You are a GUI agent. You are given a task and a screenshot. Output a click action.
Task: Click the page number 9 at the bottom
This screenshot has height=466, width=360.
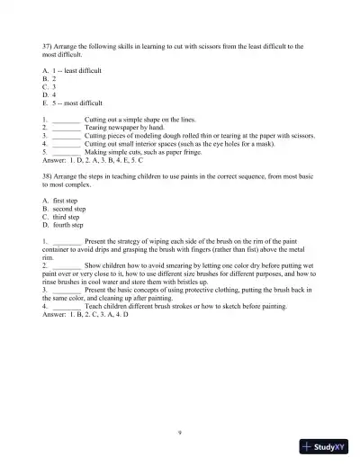pos(180,432)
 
